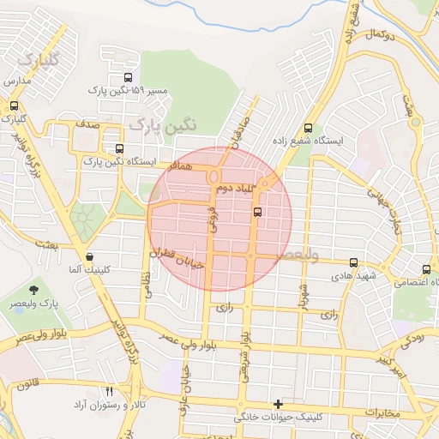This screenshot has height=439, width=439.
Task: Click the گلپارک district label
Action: click(x=39, y=61)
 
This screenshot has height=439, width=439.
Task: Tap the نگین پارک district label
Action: click(x=162, y=125)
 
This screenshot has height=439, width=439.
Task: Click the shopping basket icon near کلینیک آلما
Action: click(x=89, y=256)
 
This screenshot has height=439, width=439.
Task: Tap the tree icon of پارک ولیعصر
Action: click(x=33, y=291)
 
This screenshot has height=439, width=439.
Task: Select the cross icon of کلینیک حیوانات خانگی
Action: click(x=277, y=403)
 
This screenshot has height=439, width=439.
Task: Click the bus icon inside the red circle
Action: click(x=259, y=212)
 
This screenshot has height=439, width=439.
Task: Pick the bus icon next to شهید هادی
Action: click(x=353, y=263)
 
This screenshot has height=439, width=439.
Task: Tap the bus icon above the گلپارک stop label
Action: click(x=14, y=105)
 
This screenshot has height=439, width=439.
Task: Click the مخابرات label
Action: click(x=382, y=413)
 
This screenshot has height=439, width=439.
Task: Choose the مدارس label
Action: click(x=17, y=81)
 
